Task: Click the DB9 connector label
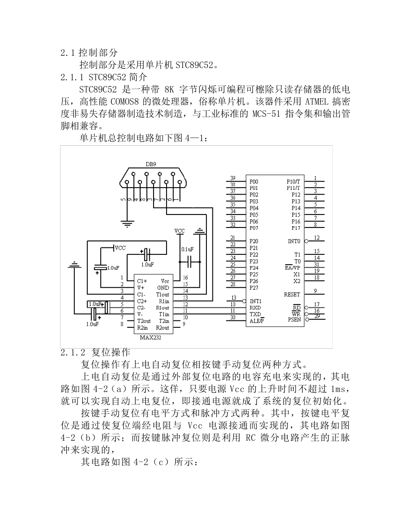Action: pos(151,164)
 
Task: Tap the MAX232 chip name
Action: pos(151,338)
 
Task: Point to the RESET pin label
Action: pos(292,294)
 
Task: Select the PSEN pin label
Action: pos(294,320)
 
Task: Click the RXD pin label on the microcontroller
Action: pos(255,308)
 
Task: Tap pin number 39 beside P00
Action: pos(233,178)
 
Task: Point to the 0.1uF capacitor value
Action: pos(187,249)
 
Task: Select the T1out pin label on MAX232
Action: pos(163,294)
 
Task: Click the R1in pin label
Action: pos(164,301)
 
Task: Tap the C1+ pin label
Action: pos(142,281)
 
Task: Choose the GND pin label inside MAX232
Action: pos(163,288)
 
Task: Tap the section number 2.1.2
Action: pos(73,353)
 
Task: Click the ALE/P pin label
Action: pos(257,321)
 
